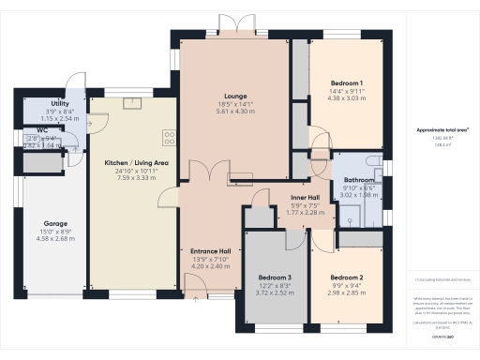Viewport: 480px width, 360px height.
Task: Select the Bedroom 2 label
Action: point(347,277)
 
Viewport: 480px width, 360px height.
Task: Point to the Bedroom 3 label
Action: point(276,277)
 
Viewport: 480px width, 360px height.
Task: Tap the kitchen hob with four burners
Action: point(169,138)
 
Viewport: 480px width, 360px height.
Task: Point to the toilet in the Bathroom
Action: point(372,166)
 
